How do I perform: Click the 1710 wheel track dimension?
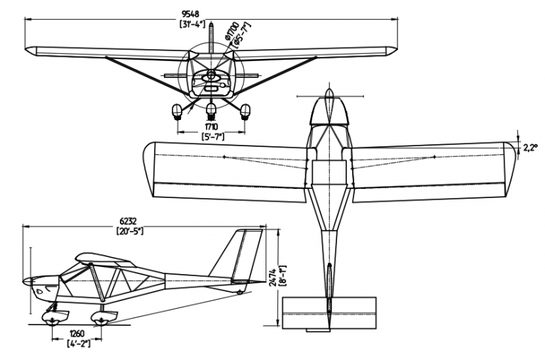[211, 126]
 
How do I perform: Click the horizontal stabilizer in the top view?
[329, 313]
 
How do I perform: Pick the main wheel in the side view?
[101, 319]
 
